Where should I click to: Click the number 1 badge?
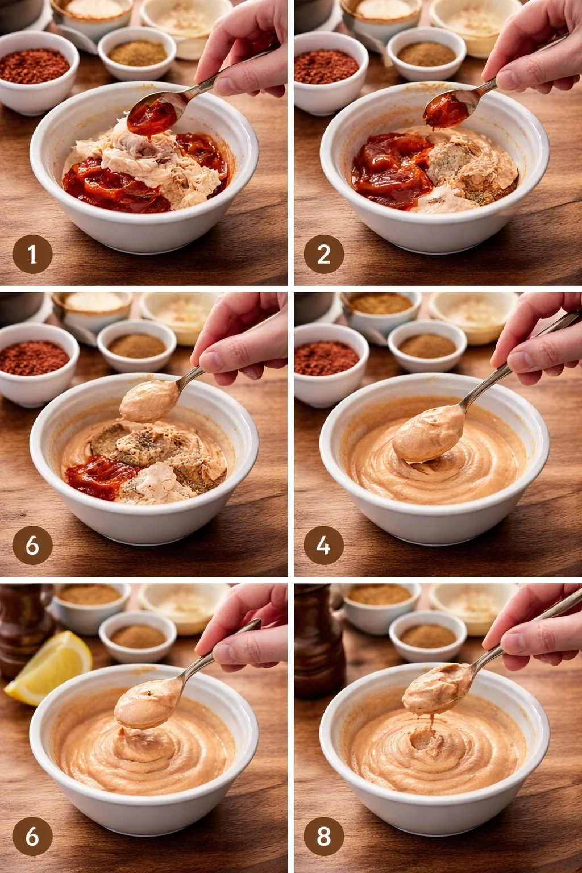pyautogui.click(x=32, y=254)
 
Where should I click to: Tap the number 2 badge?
pyautogui.click(x=323, y=254)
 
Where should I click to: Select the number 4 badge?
pyautogui.click(x=323, y=546)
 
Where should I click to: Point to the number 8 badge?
pyautogui.click(x=323, y=836)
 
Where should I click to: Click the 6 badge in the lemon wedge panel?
pyautogui.click(x=32, y=836)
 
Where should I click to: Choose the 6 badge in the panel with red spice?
pyautogui.click(x=32, y=546)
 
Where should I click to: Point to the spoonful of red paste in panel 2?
pyautogui.click(x=447, y=109)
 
